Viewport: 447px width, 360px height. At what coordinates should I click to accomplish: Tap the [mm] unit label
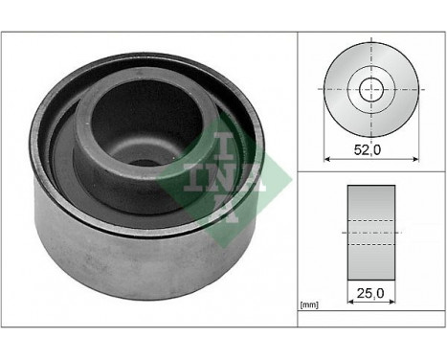coord(308,305)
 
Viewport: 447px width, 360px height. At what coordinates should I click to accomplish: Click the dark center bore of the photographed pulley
coord(144,163)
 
